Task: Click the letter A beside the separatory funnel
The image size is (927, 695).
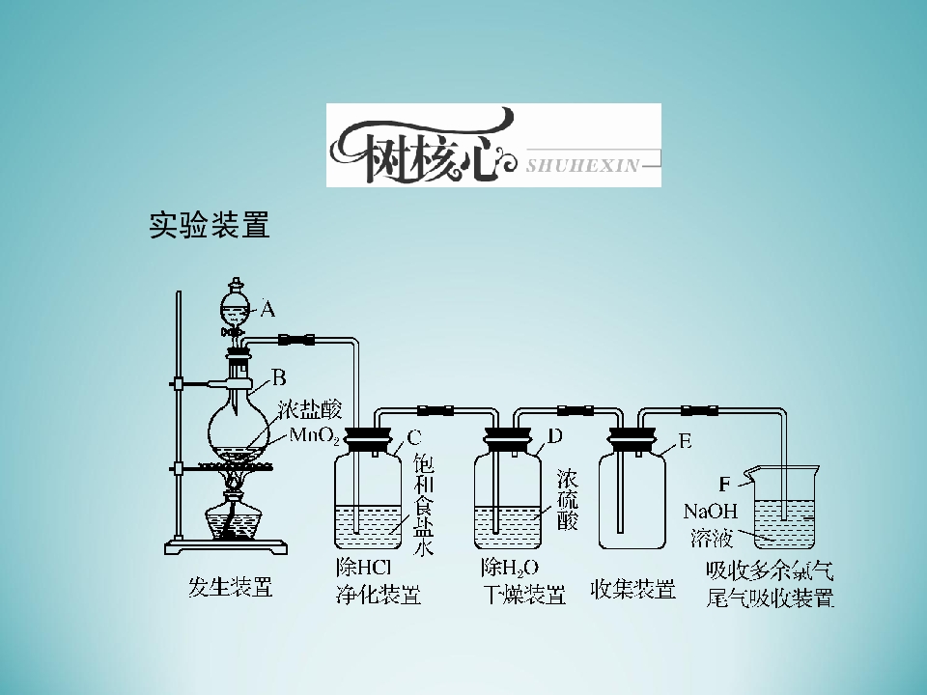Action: [x=267, y=309]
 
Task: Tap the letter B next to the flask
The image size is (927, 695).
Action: [x=279, y=377]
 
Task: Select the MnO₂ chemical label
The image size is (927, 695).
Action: [x=315, y=436]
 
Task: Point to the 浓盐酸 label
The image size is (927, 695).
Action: [x=309, y=409]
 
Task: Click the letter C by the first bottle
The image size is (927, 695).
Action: [x=414, y=438]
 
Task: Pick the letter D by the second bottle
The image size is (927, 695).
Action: [x=554, y=436]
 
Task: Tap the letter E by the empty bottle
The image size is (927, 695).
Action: [x=685, y=441]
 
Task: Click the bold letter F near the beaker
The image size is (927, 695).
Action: [x=725, y=485]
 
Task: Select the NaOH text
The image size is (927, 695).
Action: [x=711, y=511]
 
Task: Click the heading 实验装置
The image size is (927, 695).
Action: [x=210, y=225]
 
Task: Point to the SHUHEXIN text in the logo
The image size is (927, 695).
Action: [x=583, y=165]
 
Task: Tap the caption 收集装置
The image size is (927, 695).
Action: [x=632, y=589]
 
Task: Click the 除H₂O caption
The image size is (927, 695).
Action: [x=510, y=568]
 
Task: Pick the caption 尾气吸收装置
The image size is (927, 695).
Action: [x=770, y=598]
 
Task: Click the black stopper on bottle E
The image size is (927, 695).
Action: [x=632, y=440]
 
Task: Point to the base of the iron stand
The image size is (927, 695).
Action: [x=226, y=547]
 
